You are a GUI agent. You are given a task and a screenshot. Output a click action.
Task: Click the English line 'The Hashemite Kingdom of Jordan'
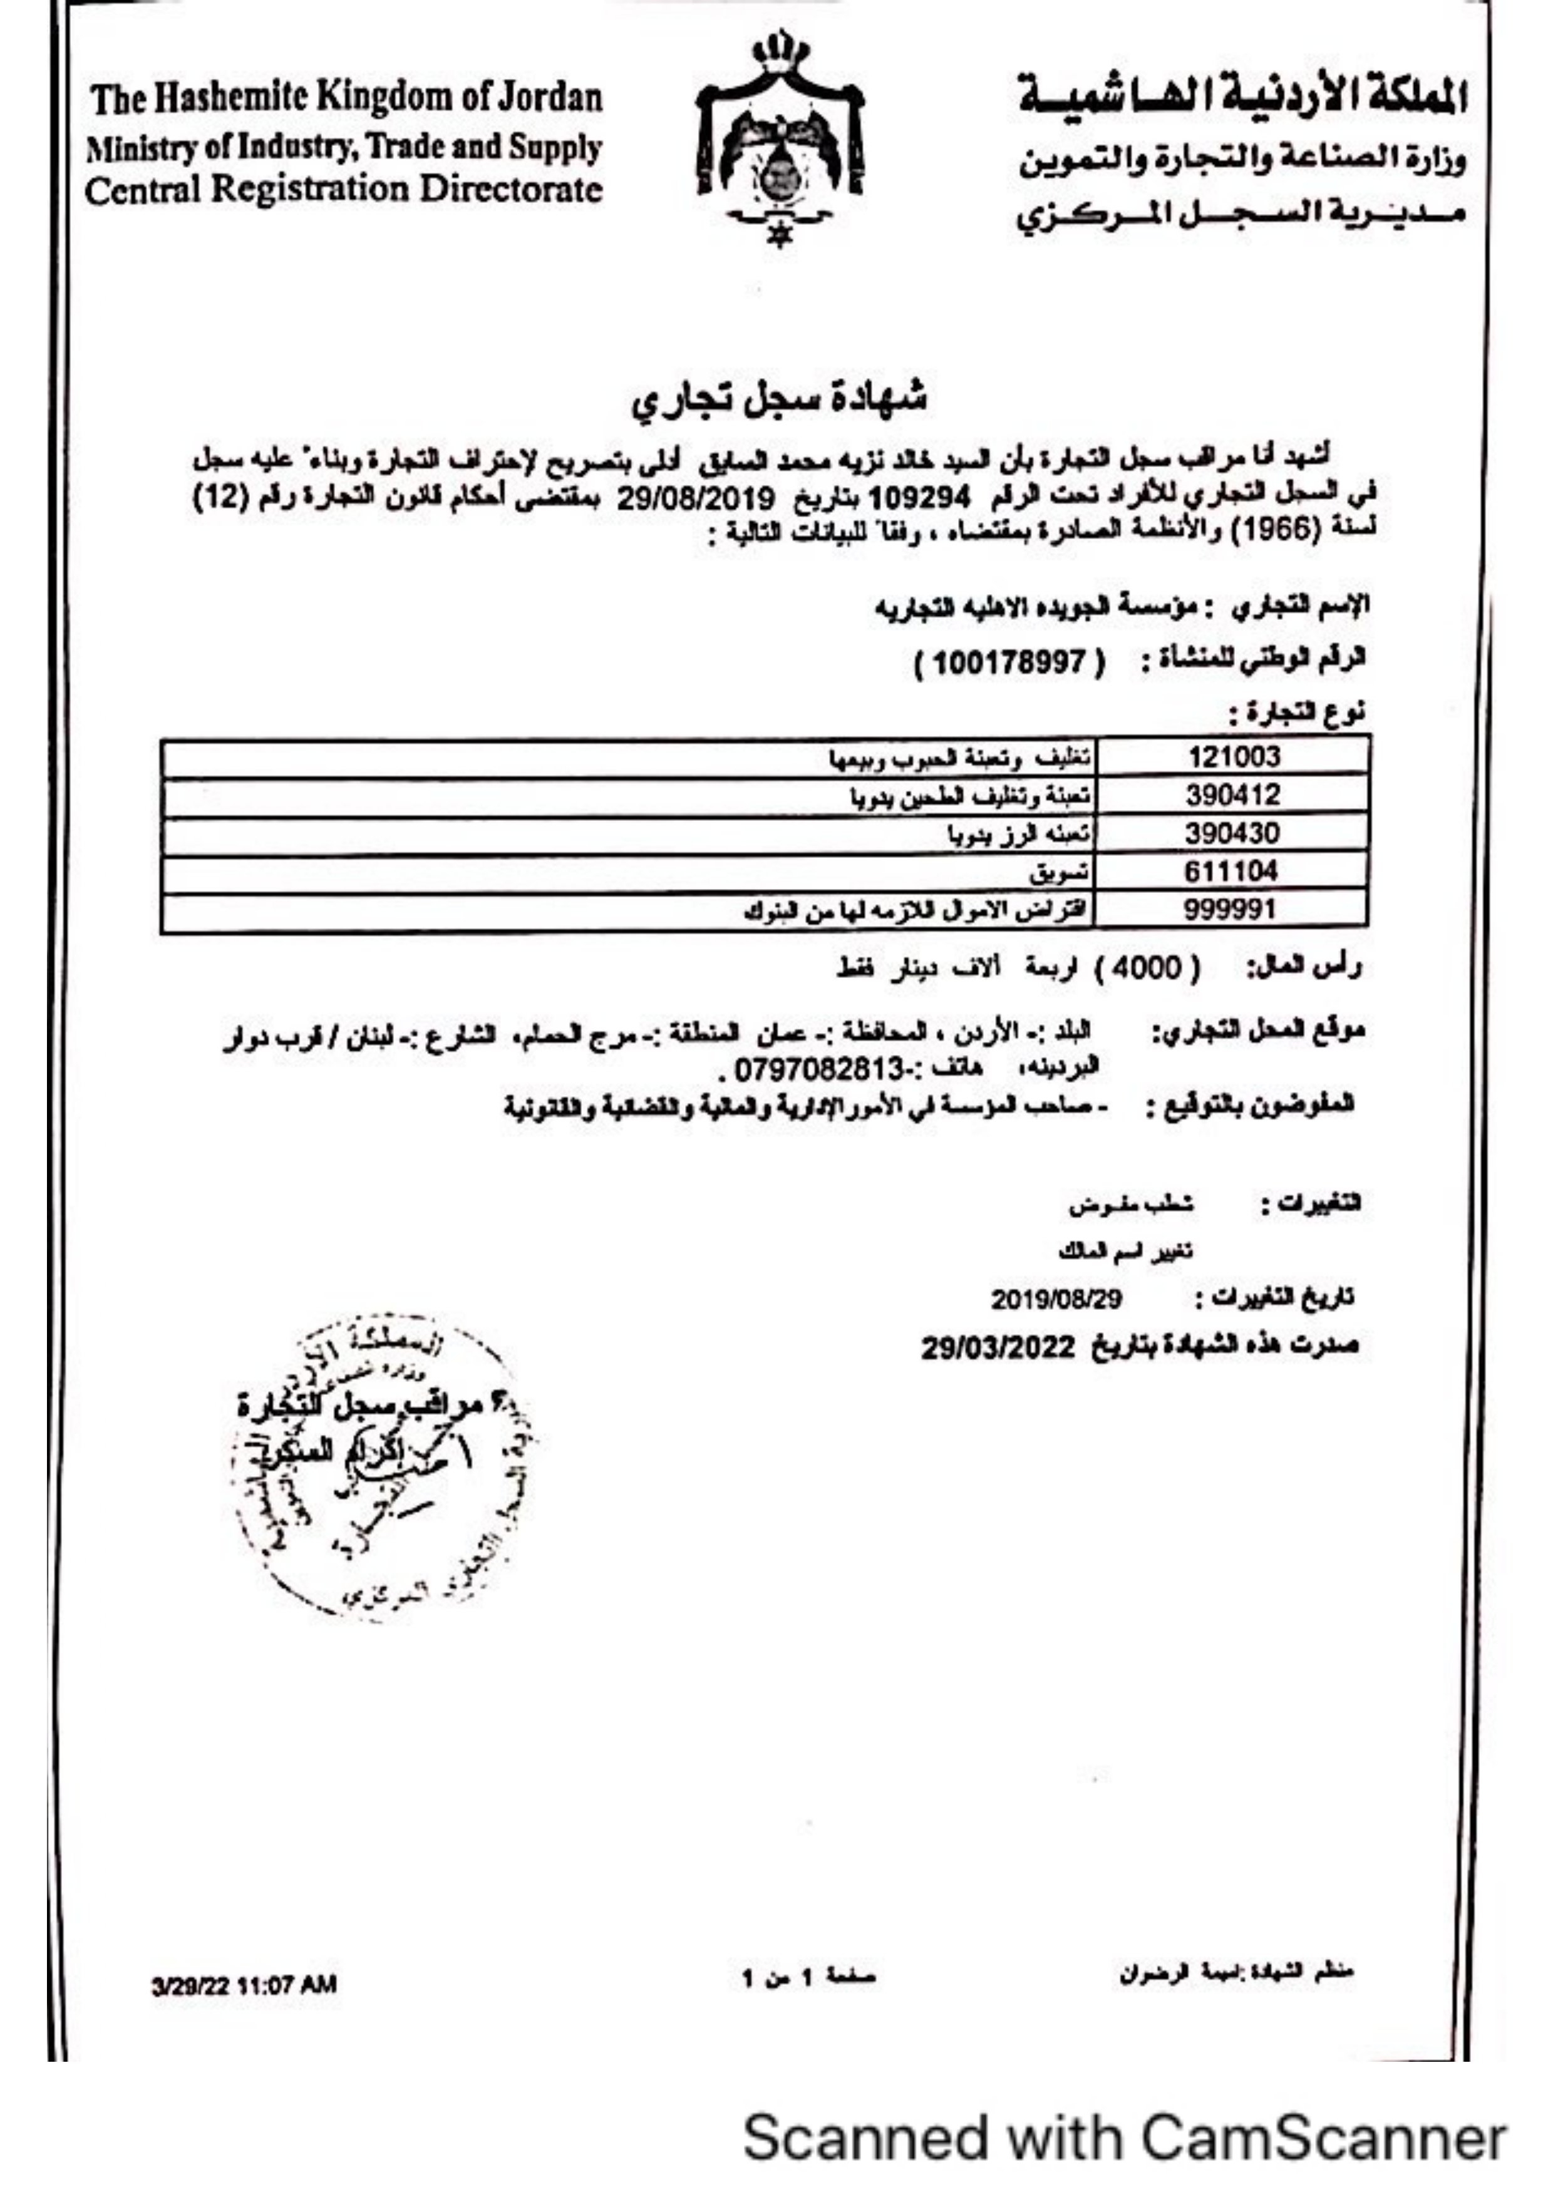pyautogui.click(x=346, y=98)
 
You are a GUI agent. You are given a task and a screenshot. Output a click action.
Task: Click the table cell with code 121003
pyautogui.click(x=1232, y=757)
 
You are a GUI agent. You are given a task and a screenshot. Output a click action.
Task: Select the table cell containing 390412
pyautogui.click(x=1232, y=795)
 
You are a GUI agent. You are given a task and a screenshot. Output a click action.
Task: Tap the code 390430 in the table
pyautogui.click(x=1232, y=833)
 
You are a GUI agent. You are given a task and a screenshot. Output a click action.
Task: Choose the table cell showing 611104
pyautogui.click(x=1232, y=871)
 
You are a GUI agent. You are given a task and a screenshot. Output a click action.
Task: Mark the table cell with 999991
pyautogui.click(x=1232, y=909)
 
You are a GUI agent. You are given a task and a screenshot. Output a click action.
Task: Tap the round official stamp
pyautogui.click(x=383, y=1474)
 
